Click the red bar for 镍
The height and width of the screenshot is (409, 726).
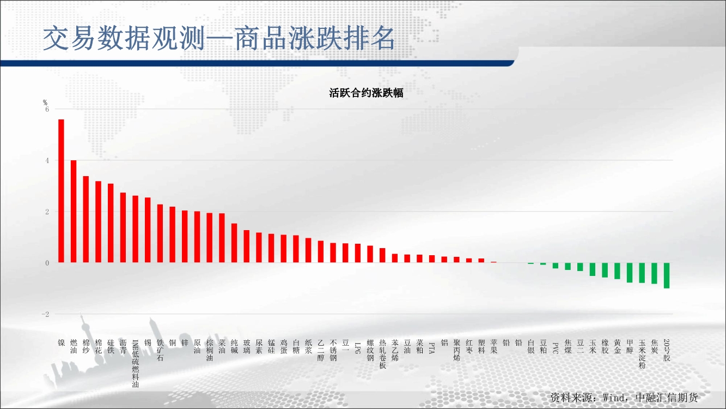pos(61,191)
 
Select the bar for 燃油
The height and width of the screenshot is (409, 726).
pos(74,212)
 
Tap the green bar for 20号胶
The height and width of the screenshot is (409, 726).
pos(667,275)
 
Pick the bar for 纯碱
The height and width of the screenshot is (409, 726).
pos(234,243)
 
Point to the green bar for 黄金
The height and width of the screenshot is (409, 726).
pos(617,271)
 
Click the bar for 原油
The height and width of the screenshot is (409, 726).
pos(197,237)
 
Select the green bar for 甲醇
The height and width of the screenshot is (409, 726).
pos(630,273)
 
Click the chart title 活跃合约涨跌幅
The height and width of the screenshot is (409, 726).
pos(366,93)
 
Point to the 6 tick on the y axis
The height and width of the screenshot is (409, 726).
pos(47,110)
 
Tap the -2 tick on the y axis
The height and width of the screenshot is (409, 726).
pos(45,314)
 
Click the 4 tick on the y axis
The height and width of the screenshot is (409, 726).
pos(47,161)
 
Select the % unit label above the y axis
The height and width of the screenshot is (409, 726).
pos(45,103)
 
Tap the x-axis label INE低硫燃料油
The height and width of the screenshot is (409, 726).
pos(136,364)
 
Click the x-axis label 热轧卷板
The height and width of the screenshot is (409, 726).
pos(382,354)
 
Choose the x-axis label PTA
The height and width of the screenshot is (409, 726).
pos(432,348)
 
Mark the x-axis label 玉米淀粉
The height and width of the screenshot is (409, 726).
pos(642,354)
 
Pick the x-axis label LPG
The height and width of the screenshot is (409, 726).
pos(358,348)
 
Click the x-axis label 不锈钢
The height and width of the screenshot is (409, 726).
pos(333,351)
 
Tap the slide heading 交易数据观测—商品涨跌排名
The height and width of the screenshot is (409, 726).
pos(219,39)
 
